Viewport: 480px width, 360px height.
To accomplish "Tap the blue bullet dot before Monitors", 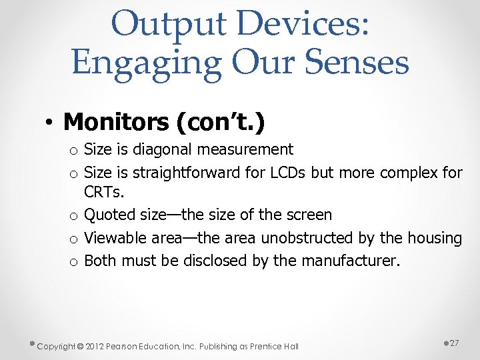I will (x=49, y=123).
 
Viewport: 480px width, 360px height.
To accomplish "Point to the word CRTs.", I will (x=104, y=193).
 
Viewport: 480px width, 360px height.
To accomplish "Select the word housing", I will (x=435, y=238).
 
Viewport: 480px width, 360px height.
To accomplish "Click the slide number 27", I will (x=454, y=342).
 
